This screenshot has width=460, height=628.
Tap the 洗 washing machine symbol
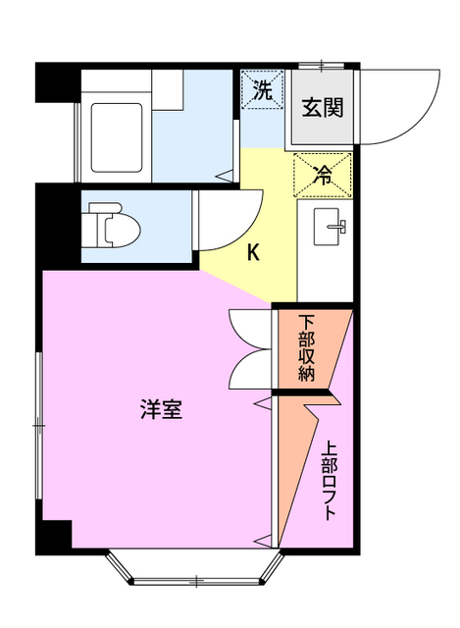pyautogui.click(x=262, y=92)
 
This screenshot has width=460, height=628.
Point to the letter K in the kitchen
pyautogui.click(x=253, y=253)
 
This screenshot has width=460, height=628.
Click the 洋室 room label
pyautogui.click(x=160, y=410)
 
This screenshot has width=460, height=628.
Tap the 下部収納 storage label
pyautogui.click(x=307, y=348)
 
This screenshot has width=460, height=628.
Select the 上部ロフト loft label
pyautogui.click(x=329, y=483)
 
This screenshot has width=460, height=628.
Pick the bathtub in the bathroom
pyautogui.click(x=118, y=133)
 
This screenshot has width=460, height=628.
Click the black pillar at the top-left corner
pyautogui.click(x=57, y=82)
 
